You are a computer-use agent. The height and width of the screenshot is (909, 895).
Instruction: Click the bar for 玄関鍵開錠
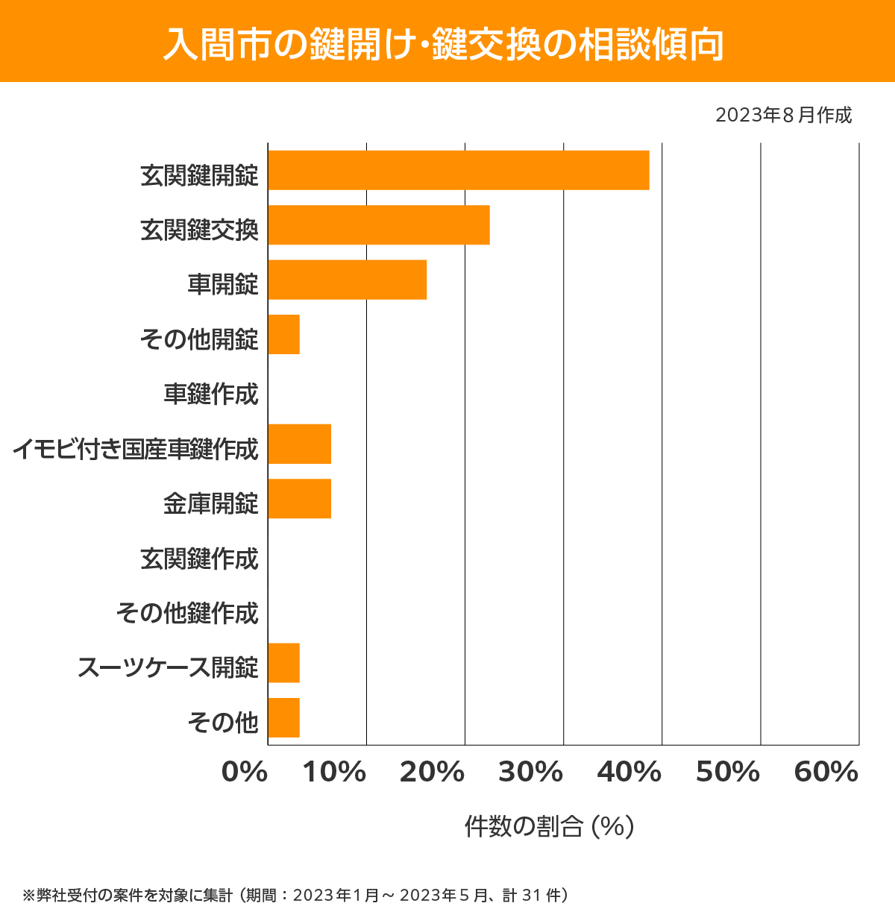click(458, 170)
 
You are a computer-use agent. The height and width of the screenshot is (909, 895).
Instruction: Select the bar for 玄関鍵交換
click(378, 224)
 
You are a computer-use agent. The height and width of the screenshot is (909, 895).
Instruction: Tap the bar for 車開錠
click(347, 280)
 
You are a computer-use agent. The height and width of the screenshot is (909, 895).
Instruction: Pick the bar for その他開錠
click(283, 334)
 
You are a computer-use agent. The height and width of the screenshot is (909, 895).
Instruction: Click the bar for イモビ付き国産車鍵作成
click(299, 444)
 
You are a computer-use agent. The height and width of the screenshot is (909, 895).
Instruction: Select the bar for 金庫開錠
click(299, 498)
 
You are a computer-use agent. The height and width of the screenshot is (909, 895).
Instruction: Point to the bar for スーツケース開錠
click(283, 663)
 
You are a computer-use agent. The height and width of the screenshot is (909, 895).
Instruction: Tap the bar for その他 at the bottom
click(283, 717)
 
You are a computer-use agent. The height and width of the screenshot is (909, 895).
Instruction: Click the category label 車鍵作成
click(211, 394)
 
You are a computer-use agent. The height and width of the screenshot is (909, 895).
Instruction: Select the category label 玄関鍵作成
click(199, 559)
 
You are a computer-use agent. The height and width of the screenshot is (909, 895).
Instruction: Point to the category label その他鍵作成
click(187, 613)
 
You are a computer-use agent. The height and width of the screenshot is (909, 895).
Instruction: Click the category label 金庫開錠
click(211, 503)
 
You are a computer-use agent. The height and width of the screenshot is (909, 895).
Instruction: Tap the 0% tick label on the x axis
click(245, 773)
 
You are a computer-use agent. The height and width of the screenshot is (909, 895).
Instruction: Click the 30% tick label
click(530, 773)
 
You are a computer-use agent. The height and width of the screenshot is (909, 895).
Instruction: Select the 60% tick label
click(826, 773)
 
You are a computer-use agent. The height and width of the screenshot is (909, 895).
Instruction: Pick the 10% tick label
click(333, 773)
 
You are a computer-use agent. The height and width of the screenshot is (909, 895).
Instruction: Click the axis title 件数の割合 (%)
click(549, 826)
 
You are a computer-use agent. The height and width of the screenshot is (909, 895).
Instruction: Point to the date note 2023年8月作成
click(783, 116)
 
